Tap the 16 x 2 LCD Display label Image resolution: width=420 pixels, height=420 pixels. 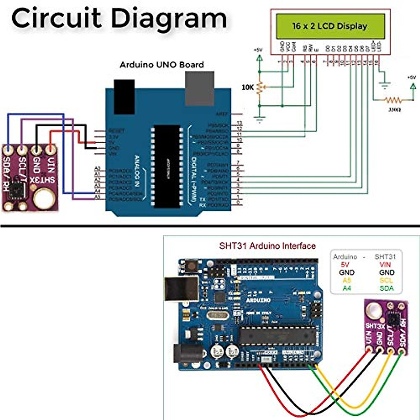point(330,26)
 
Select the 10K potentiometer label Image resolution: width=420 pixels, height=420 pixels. point(247,87)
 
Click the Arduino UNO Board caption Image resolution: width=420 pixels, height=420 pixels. point(162,65)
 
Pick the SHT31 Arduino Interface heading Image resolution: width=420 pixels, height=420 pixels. point(267,246)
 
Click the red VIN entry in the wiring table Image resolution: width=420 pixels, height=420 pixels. point(385,265)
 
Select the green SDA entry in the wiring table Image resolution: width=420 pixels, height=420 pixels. point(386,288)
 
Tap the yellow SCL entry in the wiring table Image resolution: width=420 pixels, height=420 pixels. point(386,280)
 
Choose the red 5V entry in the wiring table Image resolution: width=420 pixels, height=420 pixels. point(345,265)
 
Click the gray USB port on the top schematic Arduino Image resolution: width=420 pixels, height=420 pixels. point(199,88)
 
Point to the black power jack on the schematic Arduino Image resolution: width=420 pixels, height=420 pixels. point(124,96)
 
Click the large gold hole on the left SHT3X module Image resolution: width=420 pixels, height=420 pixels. point(44,198)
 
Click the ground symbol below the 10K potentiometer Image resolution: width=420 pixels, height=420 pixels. point(259,120)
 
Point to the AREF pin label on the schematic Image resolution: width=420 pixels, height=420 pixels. point(222,114)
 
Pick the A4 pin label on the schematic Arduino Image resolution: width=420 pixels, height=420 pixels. point(98,191)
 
